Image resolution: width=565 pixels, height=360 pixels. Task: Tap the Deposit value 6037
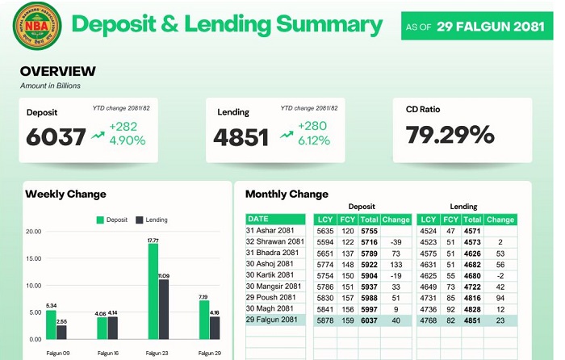click(x=56, y=137)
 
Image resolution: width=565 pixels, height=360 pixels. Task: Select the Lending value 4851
click(x=241, y=137)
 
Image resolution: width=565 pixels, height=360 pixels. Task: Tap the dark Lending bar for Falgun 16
click(x=113, y=328)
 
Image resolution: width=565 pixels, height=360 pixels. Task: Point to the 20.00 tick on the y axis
click(x=33, y=232)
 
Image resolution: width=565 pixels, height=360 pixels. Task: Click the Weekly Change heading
click(x=65, y=194)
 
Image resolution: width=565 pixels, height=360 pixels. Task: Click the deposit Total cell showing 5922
click(x=370, y=264)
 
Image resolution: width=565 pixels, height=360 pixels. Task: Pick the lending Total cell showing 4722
click(x=473, y=286)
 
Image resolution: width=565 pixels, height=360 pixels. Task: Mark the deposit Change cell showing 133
click(x=395, y=264)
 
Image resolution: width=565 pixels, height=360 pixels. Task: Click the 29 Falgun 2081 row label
click(x=275, y=320)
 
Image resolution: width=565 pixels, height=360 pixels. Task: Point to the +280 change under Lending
click(x=313, y=126)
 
